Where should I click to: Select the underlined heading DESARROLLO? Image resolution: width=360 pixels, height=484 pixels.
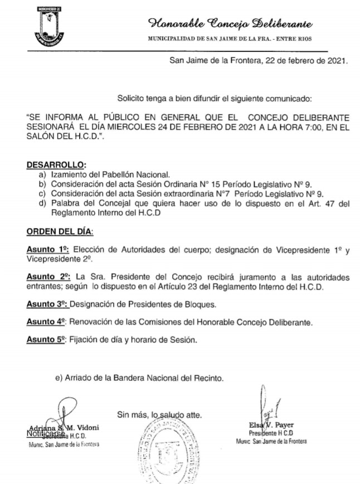(56, 165)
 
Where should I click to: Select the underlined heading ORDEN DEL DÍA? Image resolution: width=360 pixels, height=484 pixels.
(60, 231)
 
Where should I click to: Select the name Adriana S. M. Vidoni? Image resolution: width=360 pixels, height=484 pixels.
(62, 427)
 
